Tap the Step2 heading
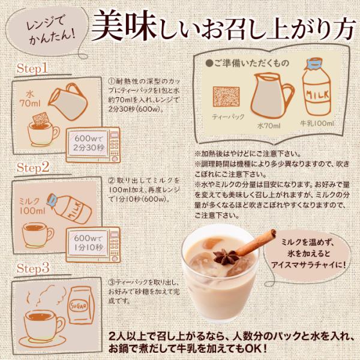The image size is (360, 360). point(32,166)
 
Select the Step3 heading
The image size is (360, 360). point(32,265)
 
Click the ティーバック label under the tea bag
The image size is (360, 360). point(228,116)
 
